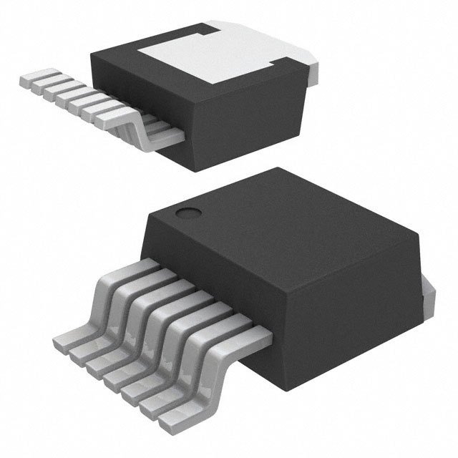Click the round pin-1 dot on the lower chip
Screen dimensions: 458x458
pyautogui.click(x=188, y=213)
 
